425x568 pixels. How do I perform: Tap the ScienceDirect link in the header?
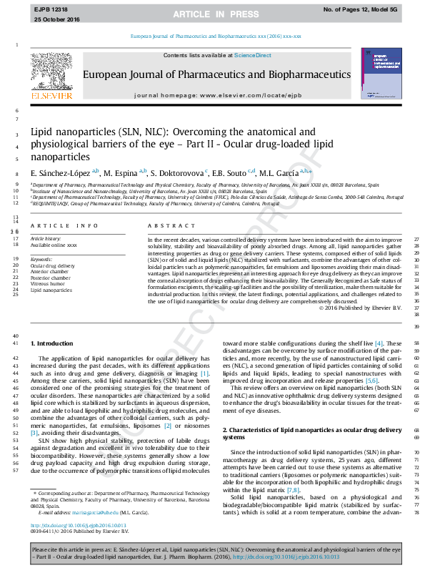(254, 55)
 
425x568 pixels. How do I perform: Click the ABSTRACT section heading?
(165, 226)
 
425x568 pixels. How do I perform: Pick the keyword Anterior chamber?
(49, 272)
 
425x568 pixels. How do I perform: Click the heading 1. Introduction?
(54, 344)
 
